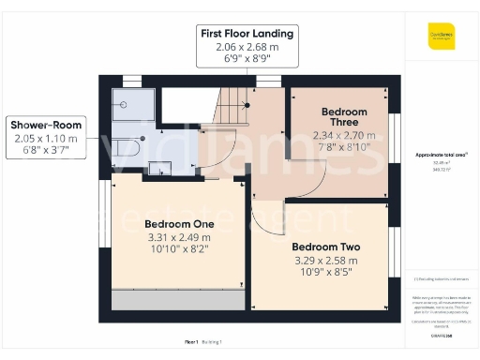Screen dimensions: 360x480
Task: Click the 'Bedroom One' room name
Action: click(x=179, y=224)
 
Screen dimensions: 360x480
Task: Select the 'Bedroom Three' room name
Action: click(x=344, y=117)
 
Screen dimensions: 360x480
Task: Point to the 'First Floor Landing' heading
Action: click(x=247, y=34)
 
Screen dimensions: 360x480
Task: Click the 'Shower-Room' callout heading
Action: click(x=46, y=125)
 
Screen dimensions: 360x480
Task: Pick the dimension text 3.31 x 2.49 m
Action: click(x=179, y=238)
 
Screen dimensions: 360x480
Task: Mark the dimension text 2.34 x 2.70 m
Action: click(x=344, y=134)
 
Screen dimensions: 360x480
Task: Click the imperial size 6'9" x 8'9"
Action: click(x=247, y=59)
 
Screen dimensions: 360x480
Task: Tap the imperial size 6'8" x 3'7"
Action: click(x=46, y=151)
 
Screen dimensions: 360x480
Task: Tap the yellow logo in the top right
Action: click(x=441, y=36)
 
